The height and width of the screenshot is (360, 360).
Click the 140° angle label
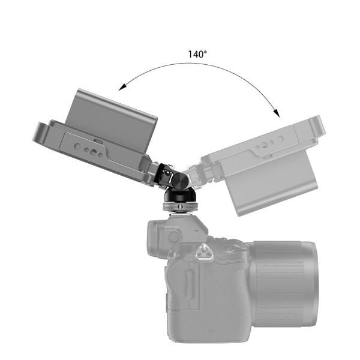coord(197,54)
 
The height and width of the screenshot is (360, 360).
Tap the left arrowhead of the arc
coord(122,87)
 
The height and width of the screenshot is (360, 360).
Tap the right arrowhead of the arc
coord(277,112)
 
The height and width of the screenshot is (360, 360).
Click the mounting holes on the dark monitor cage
coord(90,147)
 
